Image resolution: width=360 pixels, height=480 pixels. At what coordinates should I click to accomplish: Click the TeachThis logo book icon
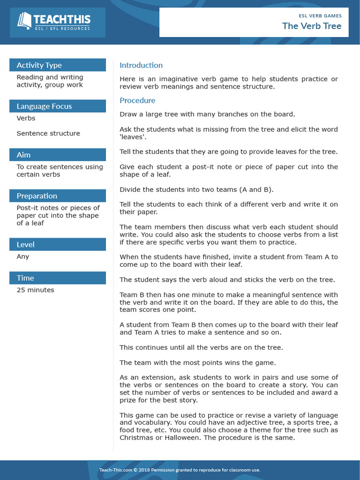click(x=24, y=21)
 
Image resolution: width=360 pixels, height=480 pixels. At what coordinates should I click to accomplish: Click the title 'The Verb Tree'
click(x=312, y=26)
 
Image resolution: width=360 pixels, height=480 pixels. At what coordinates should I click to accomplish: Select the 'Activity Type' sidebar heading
click(x=39, y=65)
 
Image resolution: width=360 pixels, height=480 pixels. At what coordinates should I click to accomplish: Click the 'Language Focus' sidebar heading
click(x=45, y=106)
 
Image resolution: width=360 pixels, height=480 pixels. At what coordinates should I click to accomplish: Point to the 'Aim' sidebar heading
click(x=23, y=155)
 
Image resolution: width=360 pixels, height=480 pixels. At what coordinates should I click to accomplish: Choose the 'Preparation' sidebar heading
click(x=37, y=196)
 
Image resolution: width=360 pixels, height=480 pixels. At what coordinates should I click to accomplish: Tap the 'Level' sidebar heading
click(x=26, y=244)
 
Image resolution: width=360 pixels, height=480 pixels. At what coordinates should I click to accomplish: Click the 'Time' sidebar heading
click(x=25, y=278)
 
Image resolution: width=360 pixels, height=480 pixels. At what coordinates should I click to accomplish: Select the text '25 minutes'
click(x=35, y=290)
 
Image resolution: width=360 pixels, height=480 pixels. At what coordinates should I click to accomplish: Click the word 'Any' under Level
click(x=23, y=256)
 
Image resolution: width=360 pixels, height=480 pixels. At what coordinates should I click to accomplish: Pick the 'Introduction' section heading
click(x=141, y=65)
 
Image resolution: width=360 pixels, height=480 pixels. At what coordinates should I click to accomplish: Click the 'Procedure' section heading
click(x=137, y=100)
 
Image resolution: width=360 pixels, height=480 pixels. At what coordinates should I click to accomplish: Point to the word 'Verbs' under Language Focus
click(x=26, y=118)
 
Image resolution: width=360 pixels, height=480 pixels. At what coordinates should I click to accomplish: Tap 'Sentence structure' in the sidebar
click(x=48, y=133)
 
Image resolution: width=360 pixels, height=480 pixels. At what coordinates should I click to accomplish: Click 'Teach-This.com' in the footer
click(x=115, y=470)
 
